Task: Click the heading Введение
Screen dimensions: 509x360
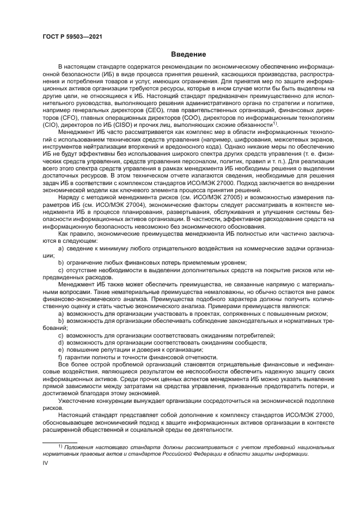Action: (188, 54)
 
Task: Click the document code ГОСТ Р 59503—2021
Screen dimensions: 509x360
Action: (72, 36)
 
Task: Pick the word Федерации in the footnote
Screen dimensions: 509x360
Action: (216, 453)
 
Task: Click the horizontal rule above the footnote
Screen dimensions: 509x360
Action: (60, 441)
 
